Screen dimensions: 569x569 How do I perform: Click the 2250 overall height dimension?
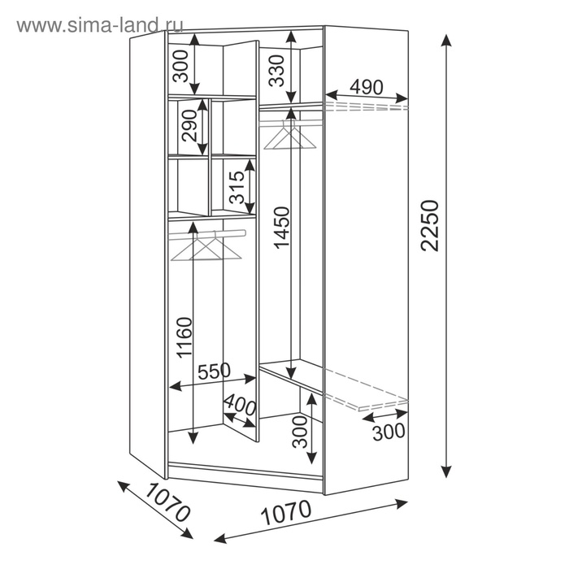pos(430,225)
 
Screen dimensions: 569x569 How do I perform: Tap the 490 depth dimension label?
pos(366,87)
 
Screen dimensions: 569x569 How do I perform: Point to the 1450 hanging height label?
pos(282,228)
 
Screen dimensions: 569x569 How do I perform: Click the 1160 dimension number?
pos(184,338)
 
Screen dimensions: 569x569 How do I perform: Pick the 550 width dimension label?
pos(214,371)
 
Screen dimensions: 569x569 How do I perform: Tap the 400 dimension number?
pos(240,404)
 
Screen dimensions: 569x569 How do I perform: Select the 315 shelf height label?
pos(237,187)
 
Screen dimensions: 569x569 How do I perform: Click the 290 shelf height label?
pos(189,125)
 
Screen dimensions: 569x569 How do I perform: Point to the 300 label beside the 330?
pos(180,66)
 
